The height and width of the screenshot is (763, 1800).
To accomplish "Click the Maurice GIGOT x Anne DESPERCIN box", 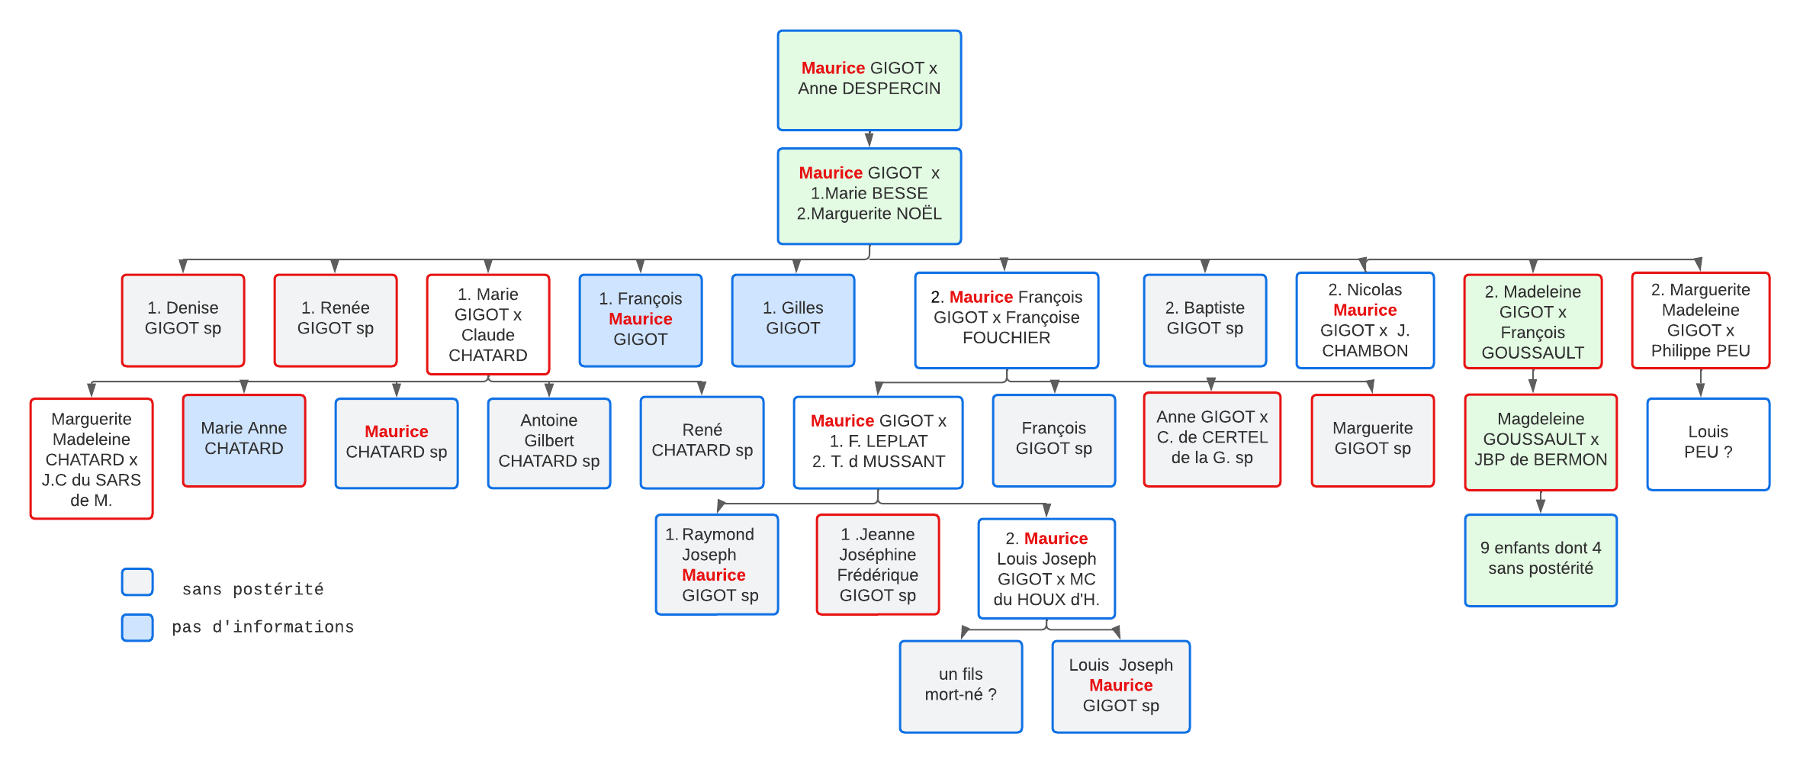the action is point(869,80).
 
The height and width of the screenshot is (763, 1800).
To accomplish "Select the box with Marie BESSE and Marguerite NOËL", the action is point(869,196).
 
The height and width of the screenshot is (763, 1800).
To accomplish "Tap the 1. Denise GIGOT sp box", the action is point(183,320).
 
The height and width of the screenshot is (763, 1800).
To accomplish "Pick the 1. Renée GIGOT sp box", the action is point(336,320).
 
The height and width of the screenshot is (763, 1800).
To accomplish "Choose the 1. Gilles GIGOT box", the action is point(793,320).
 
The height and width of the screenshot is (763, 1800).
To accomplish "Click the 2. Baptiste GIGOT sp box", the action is point(1204,320).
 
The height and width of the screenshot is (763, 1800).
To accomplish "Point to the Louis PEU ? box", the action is point(1708,443).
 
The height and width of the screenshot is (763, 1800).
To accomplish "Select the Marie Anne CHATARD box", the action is point(244,440).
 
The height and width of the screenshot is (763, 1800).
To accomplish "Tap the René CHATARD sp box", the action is point(702,442).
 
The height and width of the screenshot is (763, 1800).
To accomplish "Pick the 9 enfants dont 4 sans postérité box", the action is point(1541,560).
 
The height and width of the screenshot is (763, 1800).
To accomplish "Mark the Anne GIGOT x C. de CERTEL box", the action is point(1212,439).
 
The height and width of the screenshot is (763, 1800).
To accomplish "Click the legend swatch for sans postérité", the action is point(137,582).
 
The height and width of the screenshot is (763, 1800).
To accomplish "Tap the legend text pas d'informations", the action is point(262,627).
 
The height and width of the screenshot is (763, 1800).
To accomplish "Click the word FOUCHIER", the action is point(1006,338).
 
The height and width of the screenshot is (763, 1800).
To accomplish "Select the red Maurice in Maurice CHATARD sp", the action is point(396,432).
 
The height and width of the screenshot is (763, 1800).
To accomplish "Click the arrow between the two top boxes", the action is point(869,140).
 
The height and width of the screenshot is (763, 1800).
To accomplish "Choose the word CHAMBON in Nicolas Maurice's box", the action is point(1364,351).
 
